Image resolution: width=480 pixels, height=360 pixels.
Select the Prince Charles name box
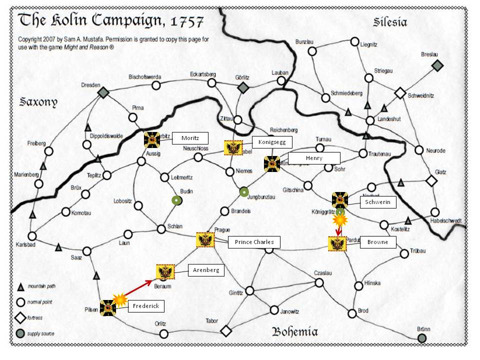tap(254, 242)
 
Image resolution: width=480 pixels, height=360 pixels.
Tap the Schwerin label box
tap(378, 202)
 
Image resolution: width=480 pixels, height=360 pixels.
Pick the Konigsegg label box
tap(271, 142)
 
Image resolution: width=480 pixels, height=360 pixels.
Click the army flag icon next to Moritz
tap(152, 140)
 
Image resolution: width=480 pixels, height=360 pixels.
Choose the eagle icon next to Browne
tap(337, 243)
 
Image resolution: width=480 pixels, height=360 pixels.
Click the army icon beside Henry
tap(272, 163)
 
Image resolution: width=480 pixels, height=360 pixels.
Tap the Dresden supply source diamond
tap(103, 92)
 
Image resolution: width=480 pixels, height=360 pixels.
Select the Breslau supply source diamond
tap(437, 65)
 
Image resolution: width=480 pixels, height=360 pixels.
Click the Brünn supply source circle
tap(422, 338)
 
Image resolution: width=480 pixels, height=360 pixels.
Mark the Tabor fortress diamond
tap(226, 330)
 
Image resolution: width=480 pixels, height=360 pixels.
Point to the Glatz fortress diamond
tap(431, 181)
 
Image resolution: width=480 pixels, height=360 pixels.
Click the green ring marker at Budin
tap(176, 200)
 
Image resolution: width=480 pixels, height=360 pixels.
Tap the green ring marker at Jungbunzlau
tap(243, 191)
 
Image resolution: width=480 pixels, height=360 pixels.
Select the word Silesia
tap(390, 22)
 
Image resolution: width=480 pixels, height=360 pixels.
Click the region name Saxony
tap(38, 102)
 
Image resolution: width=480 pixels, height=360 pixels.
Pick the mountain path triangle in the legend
tap(21, 287)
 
